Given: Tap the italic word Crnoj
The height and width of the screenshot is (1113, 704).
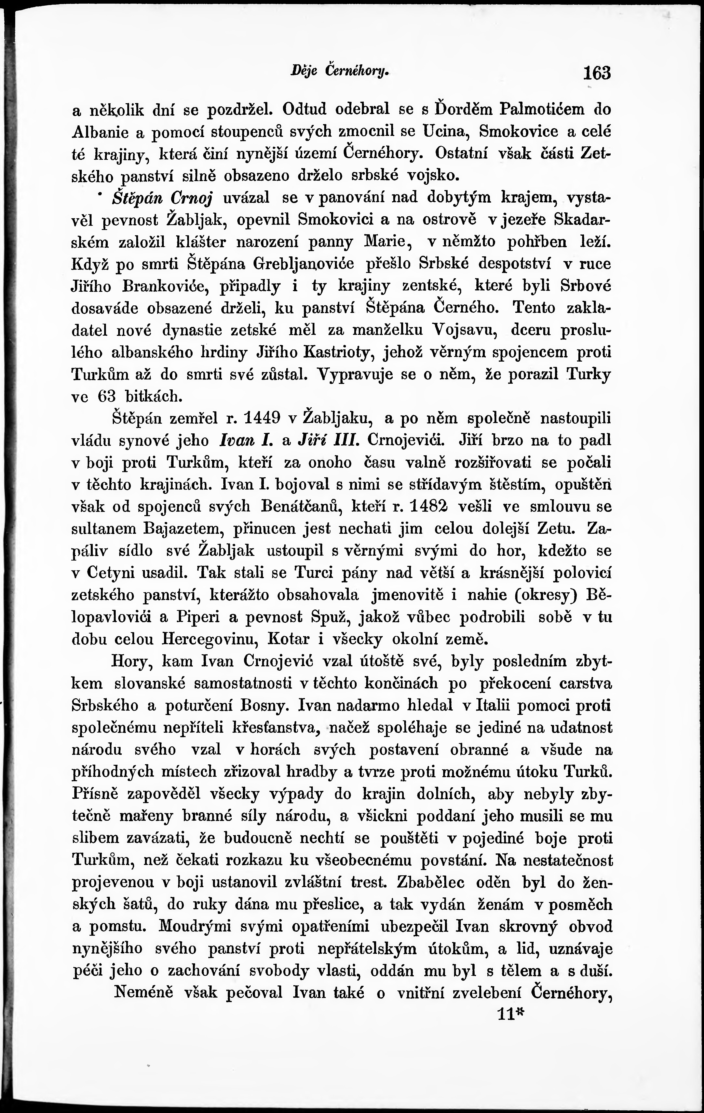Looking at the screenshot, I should pos(191,198).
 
